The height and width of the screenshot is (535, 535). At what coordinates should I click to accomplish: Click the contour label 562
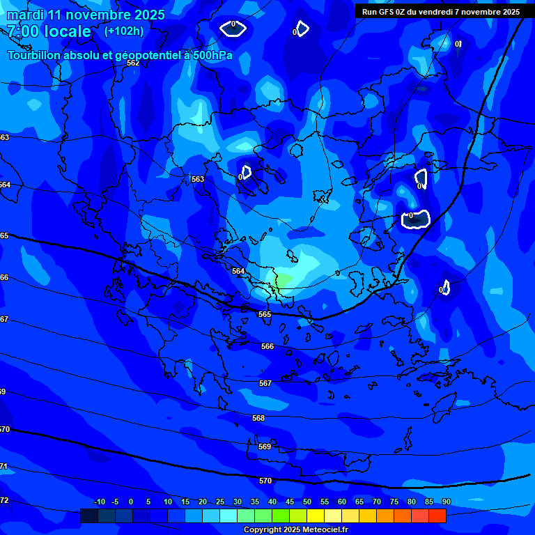coord(133,63)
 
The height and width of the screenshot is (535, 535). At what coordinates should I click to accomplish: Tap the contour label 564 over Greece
coord(238,271)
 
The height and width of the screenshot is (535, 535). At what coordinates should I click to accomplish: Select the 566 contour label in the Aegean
coord(267,346)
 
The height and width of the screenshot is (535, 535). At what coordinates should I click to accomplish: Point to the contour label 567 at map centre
coord(265,383)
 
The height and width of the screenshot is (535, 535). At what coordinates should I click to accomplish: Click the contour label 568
coord(258,418)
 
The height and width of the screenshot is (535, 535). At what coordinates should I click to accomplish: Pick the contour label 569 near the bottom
coord(264,447)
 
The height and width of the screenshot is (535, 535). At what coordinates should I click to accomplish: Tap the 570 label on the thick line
coord(265,481)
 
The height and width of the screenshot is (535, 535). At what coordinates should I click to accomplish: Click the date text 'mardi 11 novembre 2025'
coord(86,15)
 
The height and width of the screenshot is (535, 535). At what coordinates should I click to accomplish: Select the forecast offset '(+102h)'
coord(124,31)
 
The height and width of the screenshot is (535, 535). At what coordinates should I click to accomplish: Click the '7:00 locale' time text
coord(49,32)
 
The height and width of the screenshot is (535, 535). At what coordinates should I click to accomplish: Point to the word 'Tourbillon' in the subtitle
coord(36,56)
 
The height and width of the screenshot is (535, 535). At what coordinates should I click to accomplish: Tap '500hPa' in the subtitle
coord(211,56)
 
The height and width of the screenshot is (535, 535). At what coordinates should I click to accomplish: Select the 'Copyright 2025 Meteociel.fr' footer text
coord(295,529)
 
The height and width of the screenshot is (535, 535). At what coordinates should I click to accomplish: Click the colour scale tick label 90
coord(446,502)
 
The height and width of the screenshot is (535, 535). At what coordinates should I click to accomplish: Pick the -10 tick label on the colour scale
coord(99,502)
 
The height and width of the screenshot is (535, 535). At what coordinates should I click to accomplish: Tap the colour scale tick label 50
coord(307,502)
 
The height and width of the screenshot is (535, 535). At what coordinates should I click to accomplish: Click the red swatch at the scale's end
coord(437,515)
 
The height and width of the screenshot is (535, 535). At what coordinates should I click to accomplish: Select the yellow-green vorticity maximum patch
coord(284,282)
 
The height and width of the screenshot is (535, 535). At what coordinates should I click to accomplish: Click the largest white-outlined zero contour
coord(416,219)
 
